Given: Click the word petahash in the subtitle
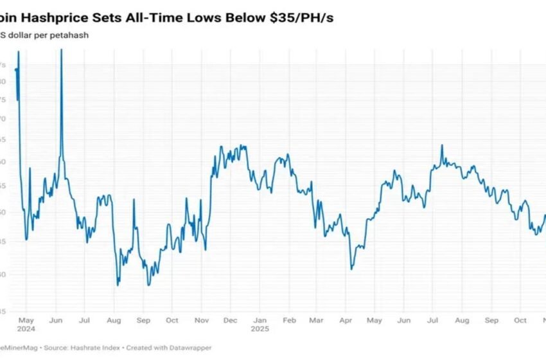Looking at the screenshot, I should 69,35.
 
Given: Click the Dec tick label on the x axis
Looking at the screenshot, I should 230,320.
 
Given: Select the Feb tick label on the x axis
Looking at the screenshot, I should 289,320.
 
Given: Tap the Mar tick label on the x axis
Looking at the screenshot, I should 316,320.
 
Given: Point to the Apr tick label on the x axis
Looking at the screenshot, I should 345,320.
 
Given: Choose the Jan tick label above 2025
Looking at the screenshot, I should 260,320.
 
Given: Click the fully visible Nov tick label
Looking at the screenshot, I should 201,320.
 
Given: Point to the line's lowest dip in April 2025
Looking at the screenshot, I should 351,269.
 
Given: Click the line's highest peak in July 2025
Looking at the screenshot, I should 442,145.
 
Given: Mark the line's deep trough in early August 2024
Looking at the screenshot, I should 118,285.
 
